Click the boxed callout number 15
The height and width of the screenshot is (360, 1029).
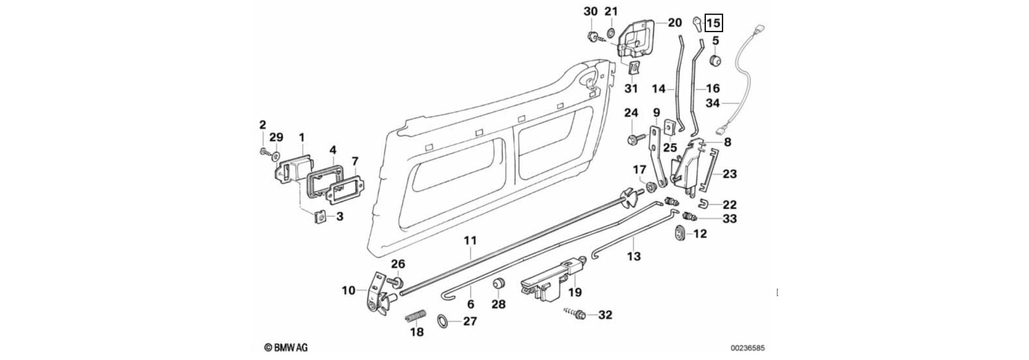(x=713, y=24)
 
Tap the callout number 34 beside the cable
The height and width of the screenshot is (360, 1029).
(x=713, y=103)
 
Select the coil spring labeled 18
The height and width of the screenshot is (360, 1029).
(x=415, y=317)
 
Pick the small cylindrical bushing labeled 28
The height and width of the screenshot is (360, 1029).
(x=499, y=283)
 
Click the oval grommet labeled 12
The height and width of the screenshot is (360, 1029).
(x=679, y=233)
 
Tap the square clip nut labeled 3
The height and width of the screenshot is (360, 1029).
(x=320, y=216)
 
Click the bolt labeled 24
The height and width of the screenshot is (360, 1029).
(x=632, y=140)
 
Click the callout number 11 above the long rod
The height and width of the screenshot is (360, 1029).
(x=469, y=241)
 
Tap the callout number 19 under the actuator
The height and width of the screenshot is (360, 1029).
(x=575, y=292)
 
